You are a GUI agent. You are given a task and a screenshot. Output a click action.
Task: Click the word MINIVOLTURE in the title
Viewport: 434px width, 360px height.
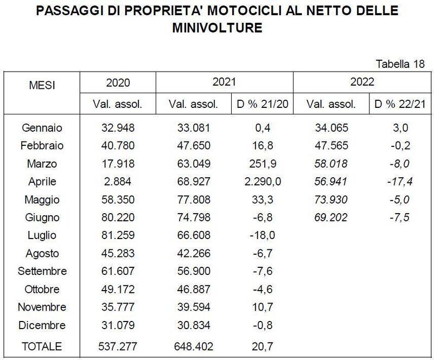click(x=217, y=27)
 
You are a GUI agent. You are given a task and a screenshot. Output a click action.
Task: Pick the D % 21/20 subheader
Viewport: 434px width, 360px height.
click(x=263, y=104)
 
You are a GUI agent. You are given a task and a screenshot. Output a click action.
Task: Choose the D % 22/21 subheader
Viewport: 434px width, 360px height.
click(x=399, y=104)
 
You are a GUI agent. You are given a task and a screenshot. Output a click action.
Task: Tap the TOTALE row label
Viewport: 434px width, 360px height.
click(x=41, y=346)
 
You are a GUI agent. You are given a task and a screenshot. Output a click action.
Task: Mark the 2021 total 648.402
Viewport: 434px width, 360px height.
click(x=194, y=346)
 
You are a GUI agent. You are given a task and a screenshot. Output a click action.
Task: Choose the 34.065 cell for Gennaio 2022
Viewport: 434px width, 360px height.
click(x=331, y=128)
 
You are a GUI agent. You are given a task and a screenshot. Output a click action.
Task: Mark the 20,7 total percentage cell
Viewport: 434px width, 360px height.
click(x=263, y=346)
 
